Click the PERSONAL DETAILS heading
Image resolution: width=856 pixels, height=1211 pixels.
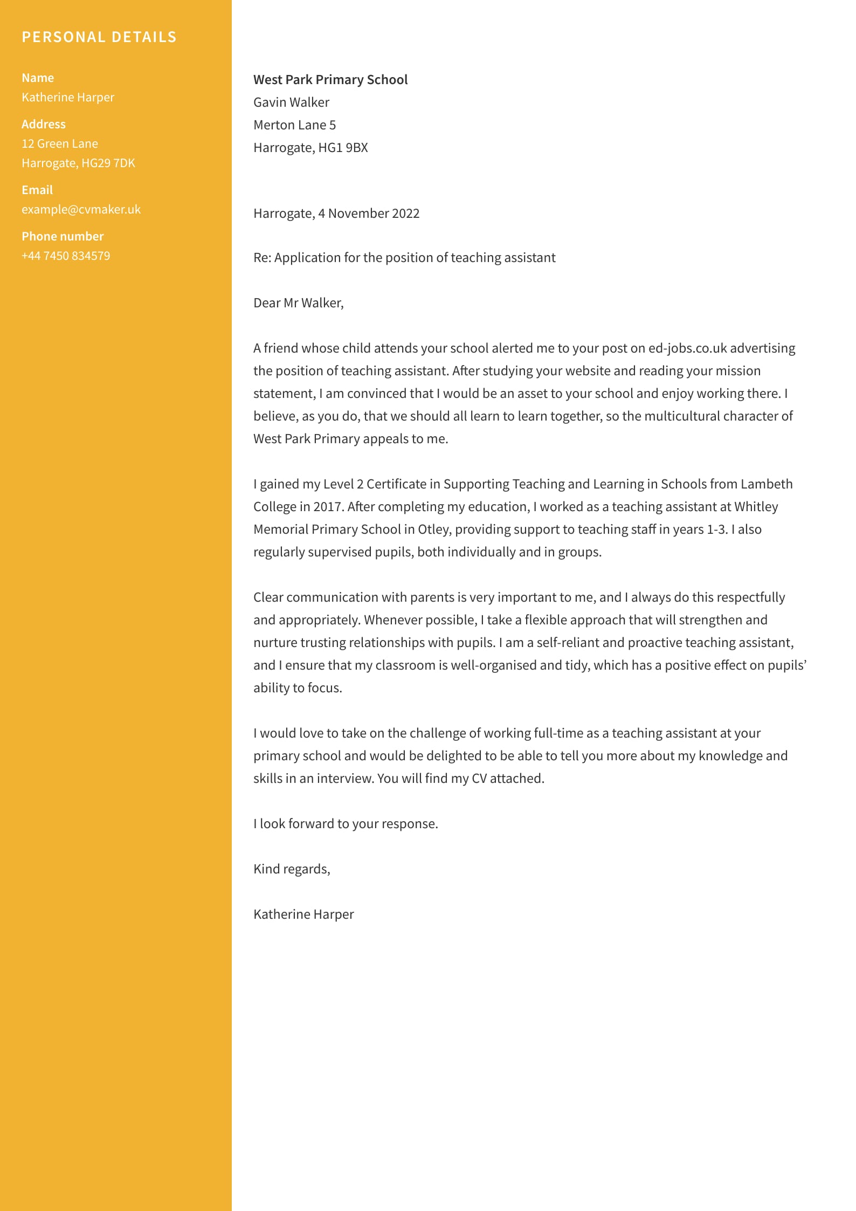pyautogui.click(x=99, y=37)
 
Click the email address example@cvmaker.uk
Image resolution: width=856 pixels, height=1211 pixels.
pyautogui.click(x=81, y=209)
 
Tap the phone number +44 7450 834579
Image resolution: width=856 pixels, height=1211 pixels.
pyautogui.click(x=66, y=256)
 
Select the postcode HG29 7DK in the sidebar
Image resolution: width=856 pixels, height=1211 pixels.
pyautogui.click(x=108, y=163)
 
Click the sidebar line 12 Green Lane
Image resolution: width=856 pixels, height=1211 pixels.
pyautogui.click(x=60, y=143)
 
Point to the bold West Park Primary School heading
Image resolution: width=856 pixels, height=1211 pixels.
pyautogui.click(x=330, y=80)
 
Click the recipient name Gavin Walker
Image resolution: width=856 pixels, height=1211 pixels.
pyautogui.click(x=291, y=102)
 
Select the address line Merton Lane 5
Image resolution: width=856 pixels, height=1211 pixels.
pyautogui.click(x=294, y=125)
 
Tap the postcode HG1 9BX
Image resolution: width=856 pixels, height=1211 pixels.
pyautogui.click(x=343, y=148)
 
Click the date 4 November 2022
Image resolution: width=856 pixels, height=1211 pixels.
pyautogui.click(x=368, y=214)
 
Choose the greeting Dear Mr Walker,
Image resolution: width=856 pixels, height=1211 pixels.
pyautogui.click(x=298, y=303)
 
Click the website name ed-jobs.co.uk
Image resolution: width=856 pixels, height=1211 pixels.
pyautogui.click(x=687, y=348)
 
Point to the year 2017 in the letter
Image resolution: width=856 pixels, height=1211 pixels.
pyautogui.click(x=328, y=507)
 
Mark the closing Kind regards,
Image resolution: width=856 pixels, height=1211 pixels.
pyautogui.click(x=292, y=869)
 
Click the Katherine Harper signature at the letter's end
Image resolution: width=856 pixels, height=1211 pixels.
pyautogui.click(x=303, y=914)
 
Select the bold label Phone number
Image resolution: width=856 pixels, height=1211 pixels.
pyautogui.click(x=63, y=236)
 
